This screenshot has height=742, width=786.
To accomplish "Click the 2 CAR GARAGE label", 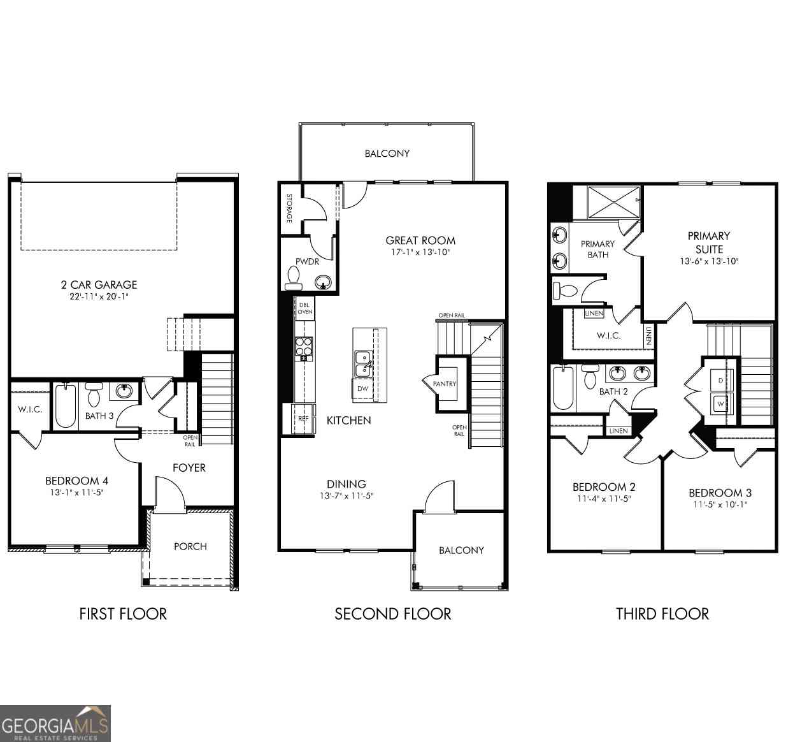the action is coord(99,284).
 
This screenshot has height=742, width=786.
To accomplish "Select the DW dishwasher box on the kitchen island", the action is coord(362,389).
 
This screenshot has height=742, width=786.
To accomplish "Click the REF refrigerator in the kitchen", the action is coord(303,418).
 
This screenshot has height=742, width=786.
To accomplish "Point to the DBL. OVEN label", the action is coord(305,309).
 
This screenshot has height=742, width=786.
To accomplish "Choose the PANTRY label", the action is coord(445,384).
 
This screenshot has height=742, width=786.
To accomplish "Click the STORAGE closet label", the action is coord(289,208).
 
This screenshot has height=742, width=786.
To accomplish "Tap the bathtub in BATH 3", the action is coord(66,405).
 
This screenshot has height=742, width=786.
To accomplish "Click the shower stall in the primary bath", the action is coord(614,202).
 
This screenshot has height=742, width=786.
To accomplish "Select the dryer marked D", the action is coord(721,380).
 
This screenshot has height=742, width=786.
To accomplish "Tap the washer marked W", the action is coord(721,404).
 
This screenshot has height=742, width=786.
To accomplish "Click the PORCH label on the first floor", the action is coord(190,546).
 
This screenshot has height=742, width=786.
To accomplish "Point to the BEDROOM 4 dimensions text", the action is coord(77,492).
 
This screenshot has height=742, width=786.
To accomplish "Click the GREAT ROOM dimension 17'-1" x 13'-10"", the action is coord(420,252).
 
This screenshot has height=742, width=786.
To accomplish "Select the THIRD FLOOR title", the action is coord(662,614).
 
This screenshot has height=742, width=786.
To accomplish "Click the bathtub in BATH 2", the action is coord(563,388).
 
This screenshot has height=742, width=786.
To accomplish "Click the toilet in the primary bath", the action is coord(565,291).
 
